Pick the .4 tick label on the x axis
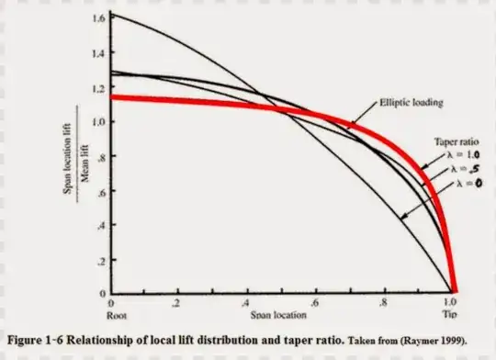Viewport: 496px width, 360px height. [x=246, y=303]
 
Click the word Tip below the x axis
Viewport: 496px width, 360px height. [x=450, y=313]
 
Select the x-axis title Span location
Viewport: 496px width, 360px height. [x=280, y=315]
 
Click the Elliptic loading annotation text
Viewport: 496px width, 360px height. [x=412, y=102]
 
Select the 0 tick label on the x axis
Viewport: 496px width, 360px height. [x=111, y=303]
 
